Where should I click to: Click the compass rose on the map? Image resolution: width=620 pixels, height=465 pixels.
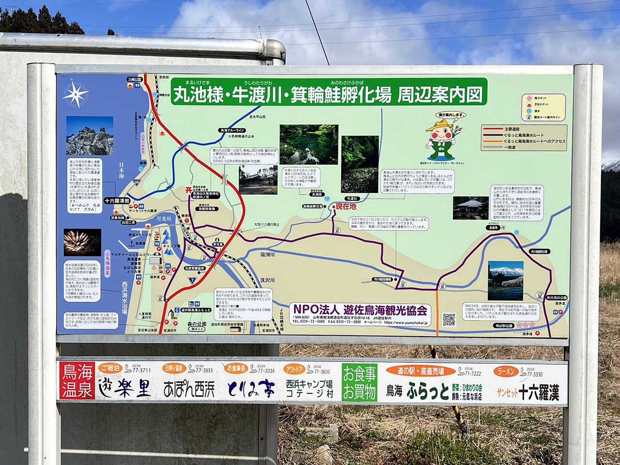click(75, 94)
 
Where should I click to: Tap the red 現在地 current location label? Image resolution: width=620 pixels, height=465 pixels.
click(345, 206)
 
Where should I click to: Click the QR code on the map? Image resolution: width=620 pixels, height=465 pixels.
click(449, 320)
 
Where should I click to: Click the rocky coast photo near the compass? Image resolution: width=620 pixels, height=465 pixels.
click(90, 136)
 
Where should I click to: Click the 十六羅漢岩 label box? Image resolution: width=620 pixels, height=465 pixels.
click(117, 201)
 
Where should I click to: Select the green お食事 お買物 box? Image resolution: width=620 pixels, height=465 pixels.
click(359, 382)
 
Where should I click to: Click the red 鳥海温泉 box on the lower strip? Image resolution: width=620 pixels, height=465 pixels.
click(77, 381)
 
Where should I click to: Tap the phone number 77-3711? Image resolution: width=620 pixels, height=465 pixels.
click(141, 370)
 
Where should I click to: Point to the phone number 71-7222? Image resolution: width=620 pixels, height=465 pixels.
click(472, 373)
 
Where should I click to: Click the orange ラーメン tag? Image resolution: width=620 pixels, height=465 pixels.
click(506, 372)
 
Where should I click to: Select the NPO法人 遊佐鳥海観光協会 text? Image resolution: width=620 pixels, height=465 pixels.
click(360, 310)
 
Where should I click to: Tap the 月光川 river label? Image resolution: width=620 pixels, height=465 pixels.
click(164, 219)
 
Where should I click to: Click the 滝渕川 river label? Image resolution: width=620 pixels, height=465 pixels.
click(267, 254)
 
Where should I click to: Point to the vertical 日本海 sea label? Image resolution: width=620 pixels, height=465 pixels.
click(121, 170)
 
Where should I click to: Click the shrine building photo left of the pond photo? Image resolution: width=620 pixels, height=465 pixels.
click(258, 180)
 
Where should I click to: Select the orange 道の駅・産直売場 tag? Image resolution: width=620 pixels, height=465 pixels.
click(420, 371)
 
